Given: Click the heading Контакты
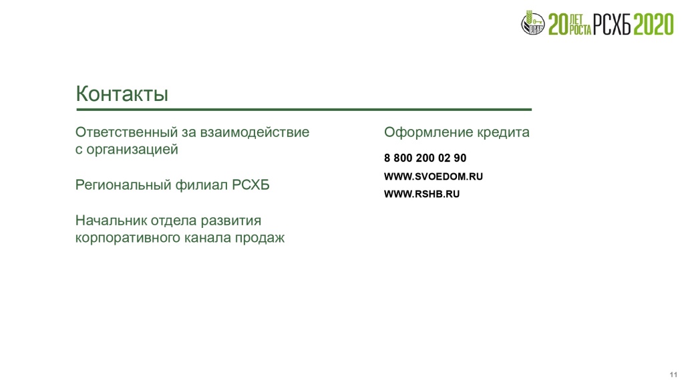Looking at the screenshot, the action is (122, 94).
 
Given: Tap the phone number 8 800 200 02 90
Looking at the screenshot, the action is (425, 158).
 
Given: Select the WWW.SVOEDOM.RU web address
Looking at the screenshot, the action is (433, 176).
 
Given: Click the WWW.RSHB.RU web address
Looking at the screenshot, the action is (422, 194).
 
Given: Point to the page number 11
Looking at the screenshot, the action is (673, 374).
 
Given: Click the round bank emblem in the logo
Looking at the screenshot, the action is (532, 23).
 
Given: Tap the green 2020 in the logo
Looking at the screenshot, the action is (653, 25).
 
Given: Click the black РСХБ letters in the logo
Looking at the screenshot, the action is (612, 25).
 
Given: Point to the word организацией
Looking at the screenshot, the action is (132, 150).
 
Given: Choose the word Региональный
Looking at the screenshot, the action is (124, 185).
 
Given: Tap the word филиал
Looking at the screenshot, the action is (202, 185).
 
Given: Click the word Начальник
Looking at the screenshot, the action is (112, 221).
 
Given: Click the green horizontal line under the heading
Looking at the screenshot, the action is (304, 110).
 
